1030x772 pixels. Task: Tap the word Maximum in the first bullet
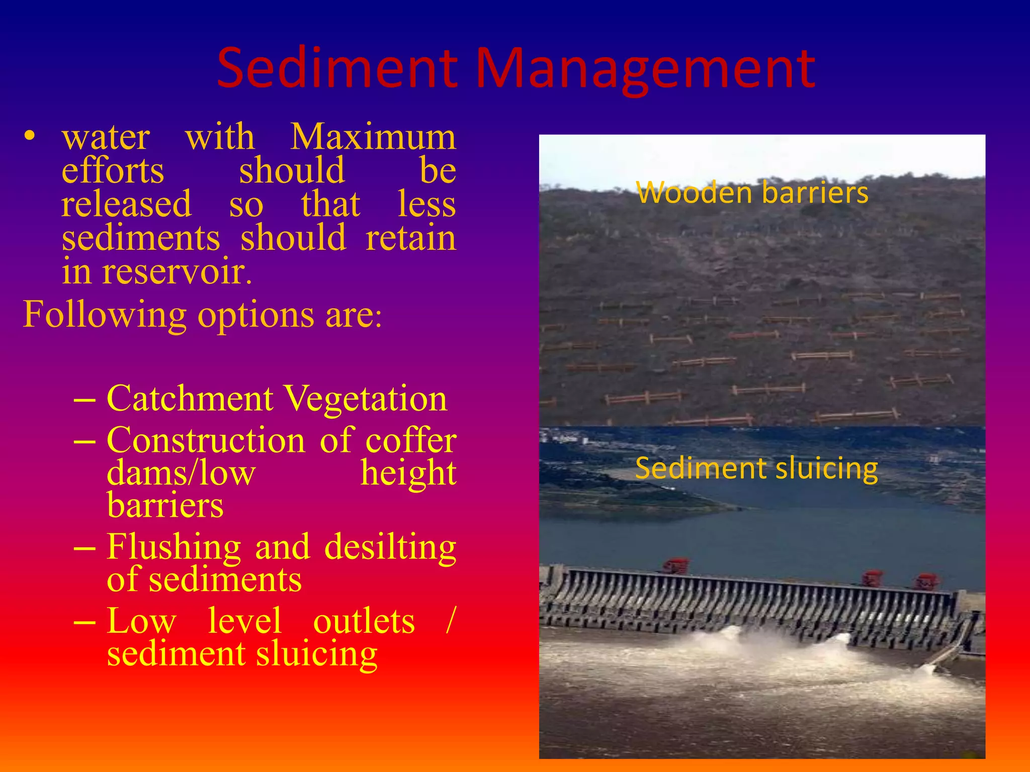(373, 137)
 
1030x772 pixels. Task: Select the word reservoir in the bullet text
(177, 271)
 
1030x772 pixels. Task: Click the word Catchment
(190, 399)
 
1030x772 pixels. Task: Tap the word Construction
(206, 440)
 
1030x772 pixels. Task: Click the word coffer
(411, 441)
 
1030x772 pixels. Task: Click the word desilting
(390, 547)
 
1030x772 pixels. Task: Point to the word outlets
(364, 621)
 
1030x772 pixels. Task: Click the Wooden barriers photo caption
(752, 192)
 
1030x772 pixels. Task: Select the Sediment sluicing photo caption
(756, 468)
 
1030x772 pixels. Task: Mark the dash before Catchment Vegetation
(84, 400)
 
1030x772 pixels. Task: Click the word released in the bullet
(126, 204)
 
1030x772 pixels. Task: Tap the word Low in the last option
(141, 621)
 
